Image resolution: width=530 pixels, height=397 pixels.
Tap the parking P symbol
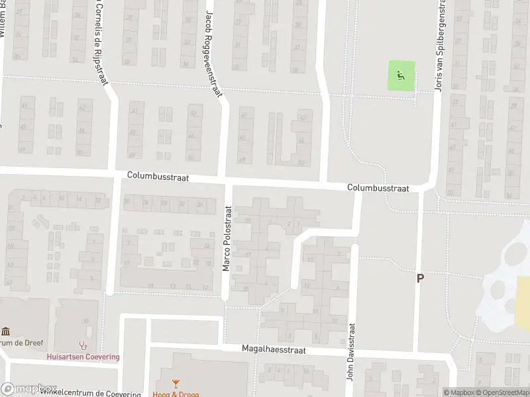tap(419, 279)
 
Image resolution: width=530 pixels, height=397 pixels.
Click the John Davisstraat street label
tap(351, 351)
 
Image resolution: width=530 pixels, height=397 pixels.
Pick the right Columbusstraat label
tap(378, 189)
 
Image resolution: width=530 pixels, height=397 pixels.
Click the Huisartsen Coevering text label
tap(83, 357)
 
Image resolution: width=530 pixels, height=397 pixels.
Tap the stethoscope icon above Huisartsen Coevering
tap(83, 345)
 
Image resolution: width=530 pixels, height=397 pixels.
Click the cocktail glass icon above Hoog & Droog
tap(176, 383)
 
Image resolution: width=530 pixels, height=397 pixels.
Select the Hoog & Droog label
tap(176, 393)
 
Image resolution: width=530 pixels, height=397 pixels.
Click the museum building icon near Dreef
tap(6, 331)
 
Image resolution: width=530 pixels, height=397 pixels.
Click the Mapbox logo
tap(29, 389)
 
